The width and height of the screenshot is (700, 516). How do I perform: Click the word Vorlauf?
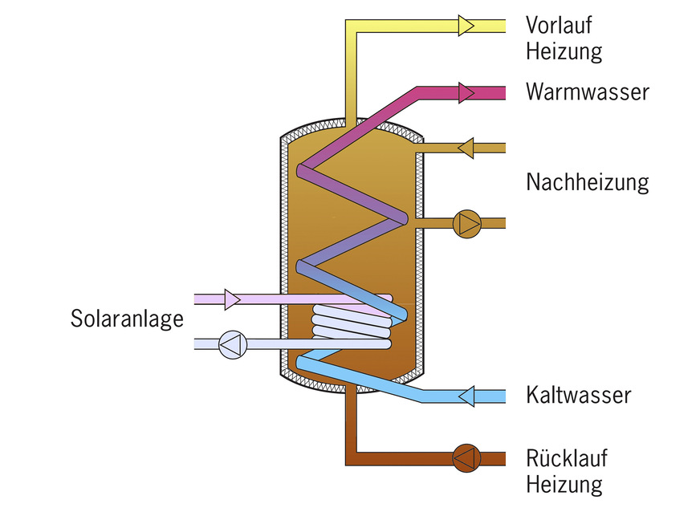coord(559,25)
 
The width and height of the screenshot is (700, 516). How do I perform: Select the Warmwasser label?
coord(587,91)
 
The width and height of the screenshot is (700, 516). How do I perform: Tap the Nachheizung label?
coord(587,182)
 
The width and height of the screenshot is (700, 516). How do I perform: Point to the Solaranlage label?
coord(127,319)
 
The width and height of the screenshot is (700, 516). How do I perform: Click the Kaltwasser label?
coord(578,395)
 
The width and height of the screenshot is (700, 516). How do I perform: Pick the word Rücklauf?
coord(567,458)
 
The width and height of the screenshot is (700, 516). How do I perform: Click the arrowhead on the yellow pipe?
coord(466,26)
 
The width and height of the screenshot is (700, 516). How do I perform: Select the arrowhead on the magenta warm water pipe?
coord(466,92)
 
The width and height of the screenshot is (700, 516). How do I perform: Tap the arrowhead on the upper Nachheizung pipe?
coord(466,148)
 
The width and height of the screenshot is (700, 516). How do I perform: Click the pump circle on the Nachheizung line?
coord(466,222)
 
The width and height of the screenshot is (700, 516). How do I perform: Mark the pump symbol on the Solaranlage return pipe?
coord(233,344)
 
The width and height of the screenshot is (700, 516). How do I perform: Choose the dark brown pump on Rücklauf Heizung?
coord(465,458)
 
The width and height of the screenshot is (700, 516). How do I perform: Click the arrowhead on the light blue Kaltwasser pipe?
coord(466,396)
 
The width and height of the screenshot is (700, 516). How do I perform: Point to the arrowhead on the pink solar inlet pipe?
coord(232,299)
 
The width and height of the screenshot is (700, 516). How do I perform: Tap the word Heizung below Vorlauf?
coord(564,52)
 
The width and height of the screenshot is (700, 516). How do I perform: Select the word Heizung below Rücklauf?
coord(564,485)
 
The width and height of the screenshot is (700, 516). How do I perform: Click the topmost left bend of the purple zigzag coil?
coord(303,171)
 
